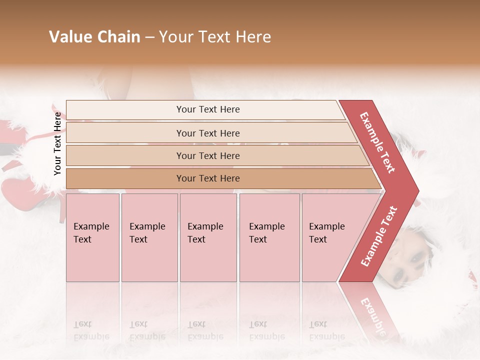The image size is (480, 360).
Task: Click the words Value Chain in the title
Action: pyautogui.click(x=94, y=37)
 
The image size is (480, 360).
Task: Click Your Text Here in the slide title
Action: pyautogui.click(x=215, y=37)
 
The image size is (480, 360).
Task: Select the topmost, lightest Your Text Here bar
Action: pyautogui.click(x=207, y=109)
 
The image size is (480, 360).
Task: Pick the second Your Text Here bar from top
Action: pyautogui.click(x=207, y=133)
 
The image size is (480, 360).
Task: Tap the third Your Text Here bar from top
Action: pyautogui.click(x=207, y=155)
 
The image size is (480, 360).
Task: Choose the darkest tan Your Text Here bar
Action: pyautogui.click(x=207, y=178)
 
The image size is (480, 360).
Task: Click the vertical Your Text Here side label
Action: pyautogui.click(x=57, y=143)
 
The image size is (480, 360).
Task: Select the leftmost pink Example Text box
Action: pyautogui.click(x=92, y=237)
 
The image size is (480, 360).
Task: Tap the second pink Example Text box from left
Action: pyautogui.click(x=149, y=237)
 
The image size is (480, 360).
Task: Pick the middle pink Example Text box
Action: pyautogui.click(x=208, y=237)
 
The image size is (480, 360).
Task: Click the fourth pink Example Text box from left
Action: pyautogui.click(x=269, y=237)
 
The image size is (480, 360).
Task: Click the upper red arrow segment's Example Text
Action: pyautogui.click(x=377, y=142)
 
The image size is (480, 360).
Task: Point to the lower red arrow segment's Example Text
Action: pyautogui.click(x=379, y=236)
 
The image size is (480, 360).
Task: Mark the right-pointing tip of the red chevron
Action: pyautogui.click(x=417, y=190)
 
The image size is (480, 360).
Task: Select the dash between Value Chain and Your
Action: pyautogui.click(x=149, y=37)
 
